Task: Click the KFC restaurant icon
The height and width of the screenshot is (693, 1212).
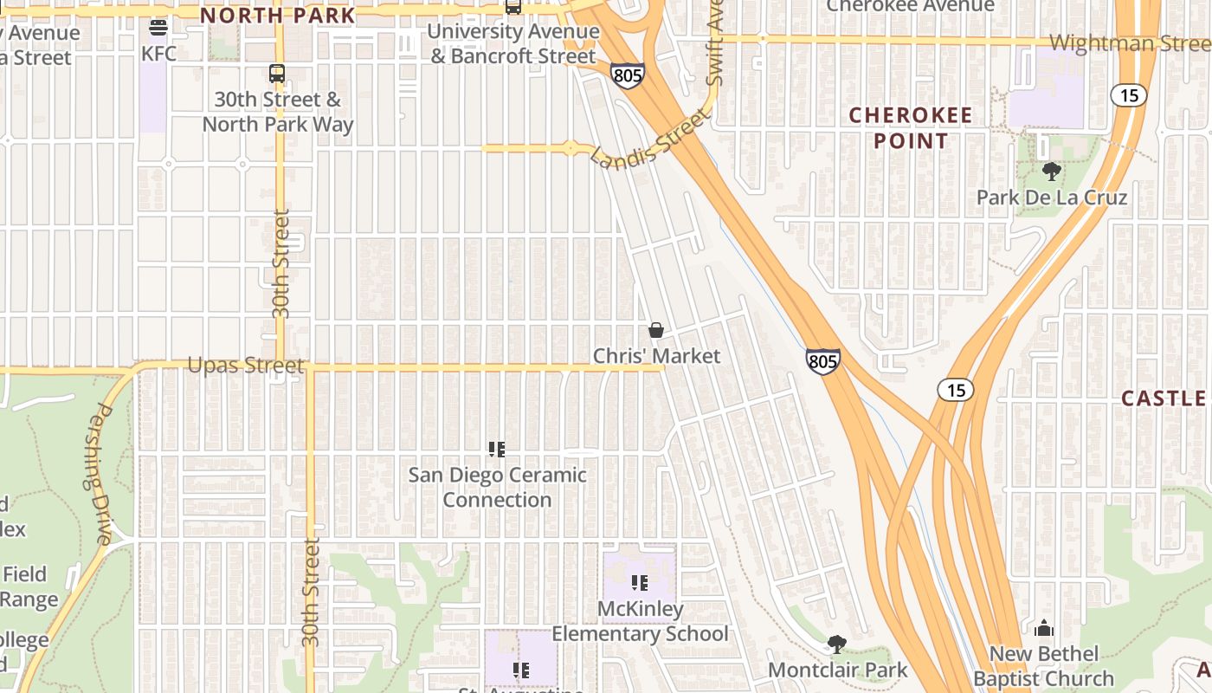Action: point(158,28)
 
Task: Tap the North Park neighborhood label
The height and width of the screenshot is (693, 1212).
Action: point(278,15)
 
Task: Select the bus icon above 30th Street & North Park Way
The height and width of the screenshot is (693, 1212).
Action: point(277,74)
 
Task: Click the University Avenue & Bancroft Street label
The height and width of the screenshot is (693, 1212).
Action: point(513,44)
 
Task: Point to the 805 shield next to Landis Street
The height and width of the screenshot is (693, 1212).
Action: point(627,75)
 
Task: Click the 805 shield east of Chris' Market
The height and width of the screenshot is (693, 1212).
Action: point(822,361)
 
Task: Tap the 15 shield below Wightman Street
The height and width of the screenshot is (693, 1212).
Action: point(1130,95)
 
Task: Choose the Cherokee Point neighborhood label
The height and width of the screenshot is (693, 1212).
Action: point(910,127)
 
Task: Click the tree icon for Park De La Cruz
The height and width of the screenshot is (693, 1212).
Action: point(1052,172)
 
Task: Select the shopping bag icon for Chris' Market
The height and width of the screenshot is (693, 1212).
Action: point(656,330)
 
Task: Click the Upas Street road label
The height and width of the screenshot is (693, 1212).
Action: point(246,366)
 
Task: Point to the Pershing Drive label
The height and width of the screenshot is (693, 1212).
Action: point(97,475)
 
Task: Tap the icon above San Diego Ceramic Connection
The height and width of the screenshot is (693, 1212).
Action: point(497,449)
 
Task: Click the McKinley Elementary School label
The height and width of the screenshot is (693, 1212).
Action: point(640,621)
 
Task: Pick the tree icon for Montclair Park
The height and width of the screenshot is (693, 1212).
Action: point(837,644)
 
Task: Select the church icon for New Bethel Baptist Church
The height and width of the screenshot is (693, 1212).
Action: point(1044,628)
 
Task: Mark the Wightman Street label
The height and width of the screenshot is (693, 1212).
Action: point(1129,43)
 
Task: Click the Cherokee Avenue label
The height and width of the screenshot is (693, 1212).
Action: point(910,7)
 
